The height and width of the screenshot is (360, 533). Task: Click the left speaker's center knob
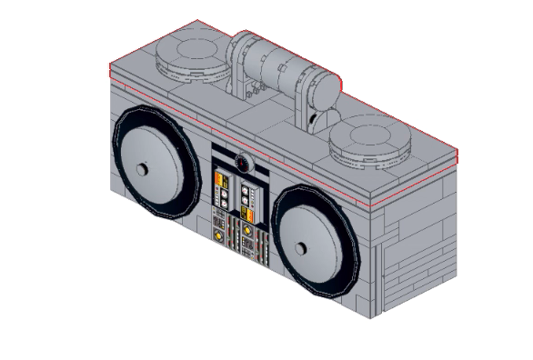(142, 171)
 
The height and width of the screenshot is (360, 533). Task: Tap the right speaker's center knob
(301, 246)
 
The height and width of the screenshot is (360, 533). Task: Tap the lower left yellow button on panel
(218, 235)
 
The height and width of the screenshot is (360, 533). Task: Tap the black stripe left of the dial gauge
(224, 155)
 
